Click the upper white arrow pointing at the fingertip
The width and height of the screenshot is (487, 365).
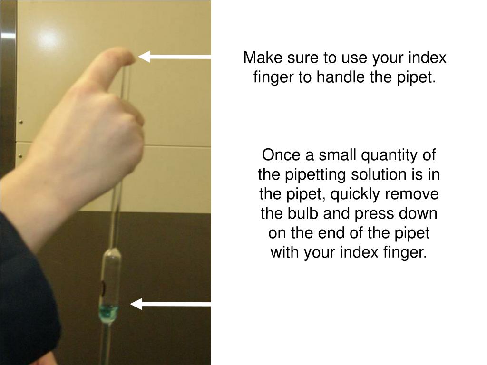pyautogui.click(x=174, y=57)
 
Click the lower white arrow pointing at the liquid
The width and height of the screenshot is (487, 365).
pyautogui.click(x=170, y=304)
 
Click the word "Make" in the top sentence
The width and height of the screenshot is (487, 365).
pyautogui.click(x=263, y=58)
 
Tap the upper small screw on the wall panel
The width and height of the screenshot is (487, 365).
pyautogui.click(x=21, y=122)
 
